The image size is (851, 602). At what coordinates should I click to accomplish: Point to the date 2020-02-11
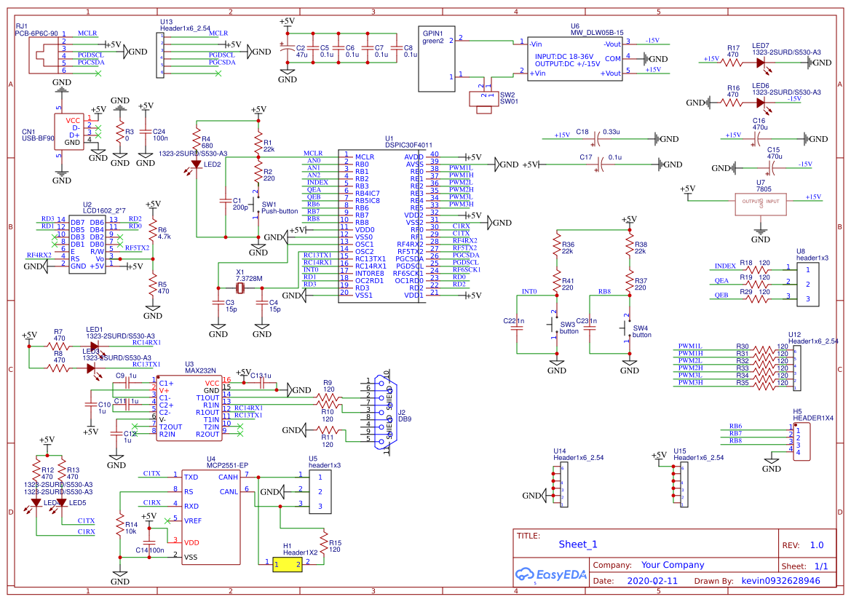[652, 581]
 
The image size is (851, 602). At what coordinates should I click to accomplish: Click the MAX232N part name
[200, 371]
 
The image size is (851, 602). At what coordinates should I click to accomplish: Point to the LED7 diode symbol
[761, 63]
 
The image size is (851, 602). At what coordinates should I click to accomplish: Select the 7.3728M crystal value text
[249, 279]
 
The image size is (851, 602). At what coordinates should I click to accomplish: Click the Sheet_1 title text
[577, 544]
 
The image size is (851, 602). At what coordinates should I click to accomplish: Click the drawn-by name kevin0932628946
[780, 581]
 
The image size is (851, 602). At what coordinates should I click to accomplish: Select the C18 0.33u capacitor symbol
[598, 136]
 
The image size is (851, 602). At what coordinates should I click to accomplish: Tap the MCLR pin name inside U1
[365, 157]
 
